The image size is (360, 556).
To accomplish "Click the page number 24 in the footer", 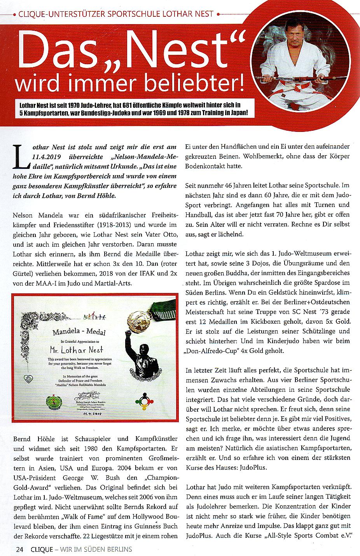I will [19, 549].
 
